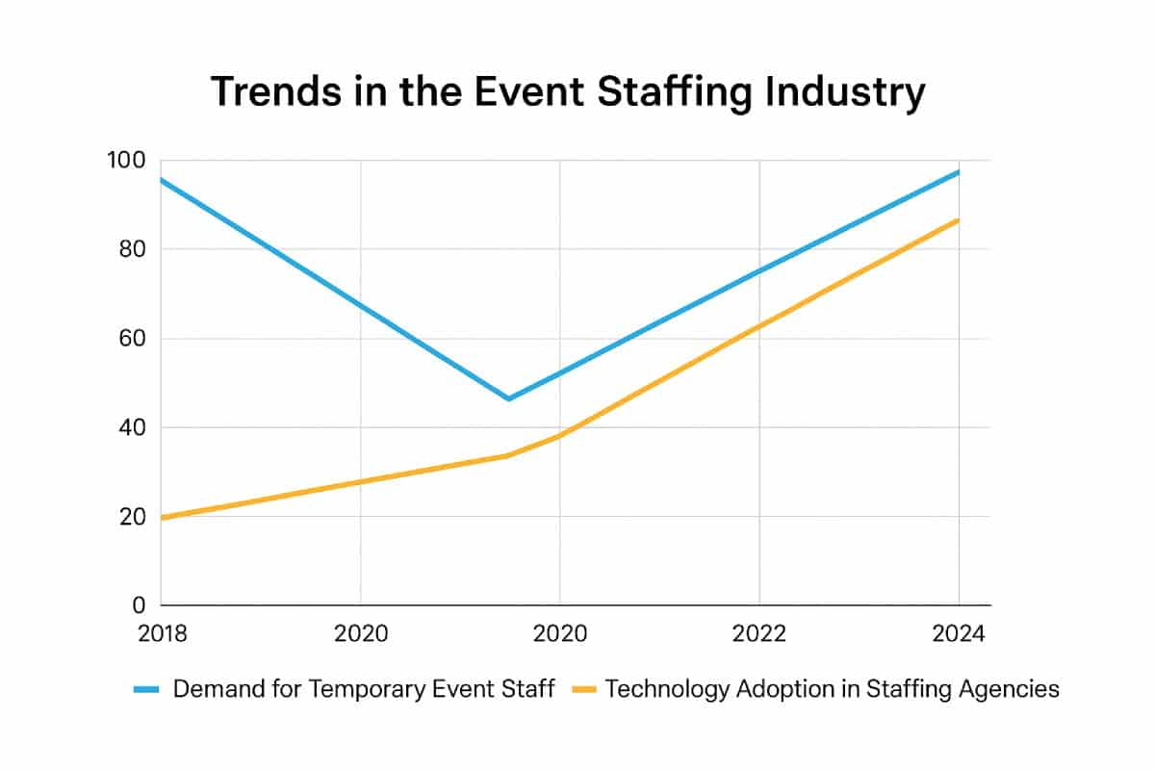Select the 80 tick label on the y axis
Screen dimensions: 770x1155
click(x=133, y=249)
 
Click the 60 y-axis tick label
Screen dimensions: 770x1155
click(x=133, y=339)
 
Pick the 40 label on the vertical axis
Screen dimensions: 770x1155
click(x=133, y=427)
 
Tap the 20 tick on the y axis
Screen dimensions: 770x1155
click(x=133, y=517)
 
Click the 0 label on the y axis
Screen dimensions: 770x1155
click(x=139, y=605)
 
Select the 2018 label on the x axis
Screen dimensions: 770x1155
click(x=161, y=635)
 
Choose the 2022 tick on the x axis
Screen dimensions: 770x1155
click(x=759, y=635)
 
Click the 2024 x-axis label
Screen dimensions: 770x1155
click(x=959, y=635)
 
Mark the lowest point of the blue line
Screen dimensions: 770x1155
click(x=508, y=398)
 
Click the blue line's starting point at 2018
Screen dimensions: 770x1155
click(x=162, y=179)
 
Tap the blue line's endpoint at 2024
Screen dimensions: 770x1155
click(x=959, y=171)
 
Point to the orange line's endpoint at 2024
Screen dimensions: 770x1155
click(x=959, y=219)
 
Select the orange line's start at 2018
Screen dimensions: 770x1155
click(x=162, y=518)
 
